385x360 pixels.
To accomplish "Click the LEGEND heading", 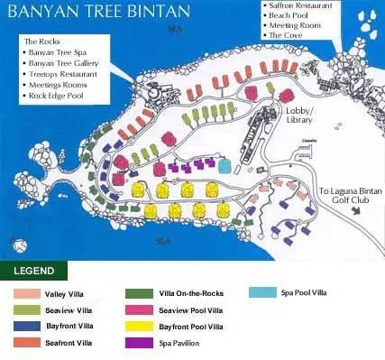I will click(34, 271).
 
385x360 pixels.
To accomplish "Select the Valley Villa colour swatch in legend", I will click(27, 293).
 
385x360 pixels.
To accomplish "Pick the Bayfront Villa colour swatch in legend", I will click(27, 326).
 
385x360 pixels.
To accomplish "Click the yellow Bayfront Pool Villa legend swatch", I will click(138, 326).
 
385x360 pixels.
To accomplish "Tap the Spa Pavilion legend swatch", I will click(138, 343).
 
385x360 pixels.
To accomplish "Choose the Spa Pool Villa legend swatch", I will click(261, 293).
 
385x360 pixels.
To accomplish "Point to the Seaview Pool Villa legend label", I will click(191, 309).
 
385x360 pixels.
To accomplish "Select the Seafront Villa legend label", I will click(70, 343).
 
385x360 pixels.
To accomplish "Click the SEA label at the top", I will click(174, 29).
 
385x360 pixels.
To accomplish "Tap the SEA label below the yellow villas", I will click(163, 241).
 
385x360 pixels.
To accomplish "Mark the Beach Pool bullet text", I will click(289, 15).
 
